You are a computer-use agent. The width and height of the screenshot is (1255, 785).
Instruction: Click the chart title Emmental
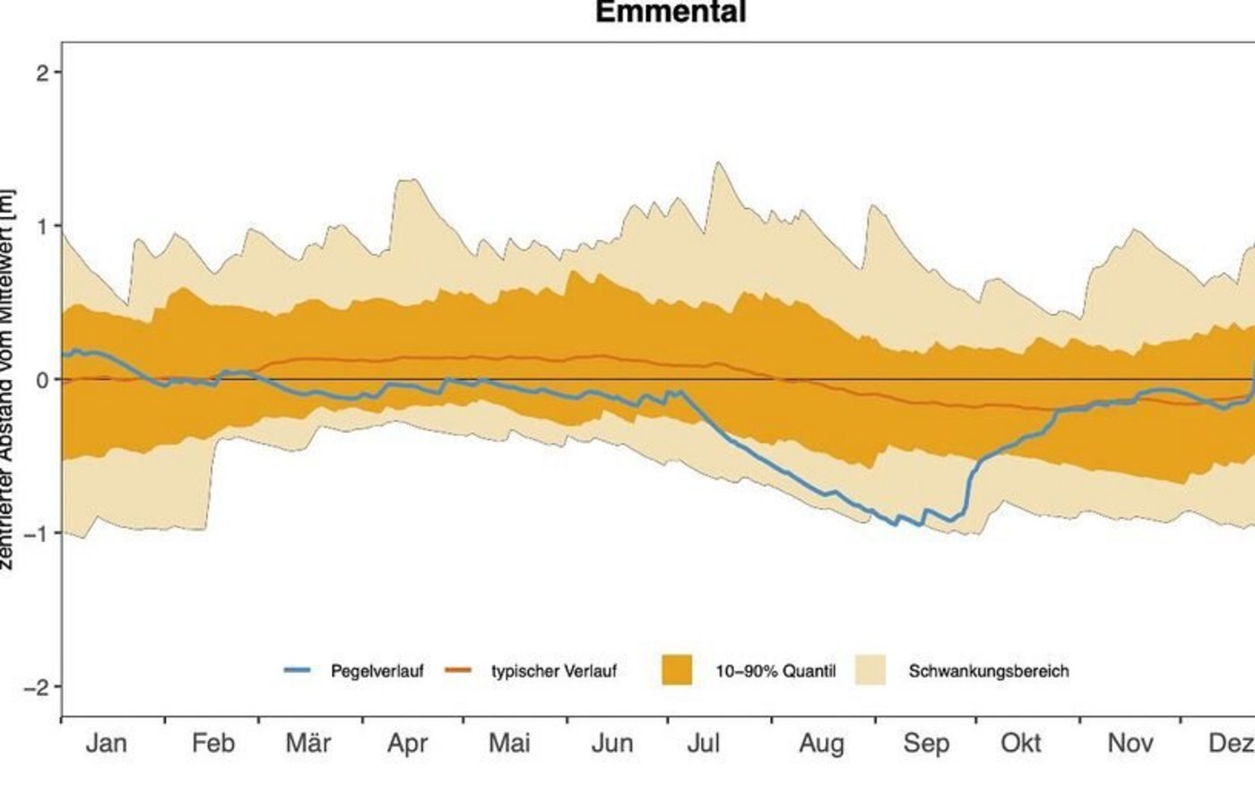tap(670, 13)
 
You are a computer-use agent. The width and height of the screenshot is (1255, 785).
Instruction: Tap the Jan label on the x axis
tap(107, 744)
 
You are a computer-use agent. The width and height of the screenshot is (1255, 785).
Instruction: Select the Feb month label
tap(213, 744)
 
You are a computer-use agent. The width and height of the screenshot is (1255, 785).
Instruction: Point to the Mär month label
tap(308, 744)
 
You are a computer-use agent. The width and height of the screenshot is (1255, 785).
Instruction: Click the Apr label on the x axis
tap(407, 744)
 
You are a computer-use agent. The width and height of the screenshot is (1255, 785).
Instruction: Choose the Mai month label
tap(509, 744)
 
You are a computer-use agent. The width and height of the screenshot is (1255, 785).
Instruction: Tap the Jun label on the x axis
tap(612, 744)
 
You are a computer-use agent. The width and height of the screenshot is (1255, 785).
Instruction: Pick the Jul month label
tap(704, 744)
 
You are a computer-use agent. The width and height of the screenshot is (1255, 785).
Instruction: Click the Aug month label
tap(821, 744)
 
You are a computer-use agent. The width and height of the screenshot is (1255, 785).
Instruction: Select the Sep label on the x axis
tap(926, 744)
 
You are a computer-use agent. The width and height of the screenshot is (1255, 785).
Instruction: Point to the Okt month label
tap(1021, 744)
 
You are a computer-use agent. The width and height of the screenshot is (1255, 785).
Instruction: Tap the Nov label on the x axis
tap(1129, 744)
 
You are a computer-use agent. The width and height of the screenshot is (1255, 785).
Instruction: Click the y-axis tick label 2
tap(42, 73)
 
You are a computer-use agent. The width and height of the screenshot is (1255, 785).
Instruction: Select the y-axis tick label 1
tap(42, 226)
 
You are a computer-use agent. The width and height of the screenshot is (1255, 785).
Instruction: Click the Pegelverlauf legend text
tap(376, 671)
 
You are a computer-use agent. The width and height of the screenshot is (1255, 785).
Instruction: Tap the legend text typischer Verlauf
tap(554, 671)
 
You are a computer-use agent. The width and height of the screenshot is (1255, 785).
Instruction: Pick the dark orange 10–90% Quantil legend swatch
tap(677, 670)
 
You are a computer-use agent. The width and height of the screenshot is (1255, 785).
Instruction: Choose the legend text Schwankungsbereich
tap(989, 671)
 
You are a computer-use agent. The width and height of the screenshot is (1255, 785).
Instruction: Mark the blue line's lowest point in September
tap(919, 525)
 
